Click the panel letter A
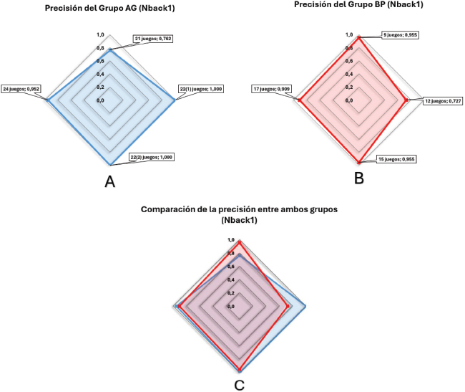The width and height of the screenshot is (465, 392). tap(109, 182)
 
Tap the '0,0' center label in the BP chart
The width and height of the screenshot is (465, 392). tap(350, 101)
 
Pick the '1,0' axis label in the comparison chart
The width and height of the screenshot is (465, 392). tap(230, 240)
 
